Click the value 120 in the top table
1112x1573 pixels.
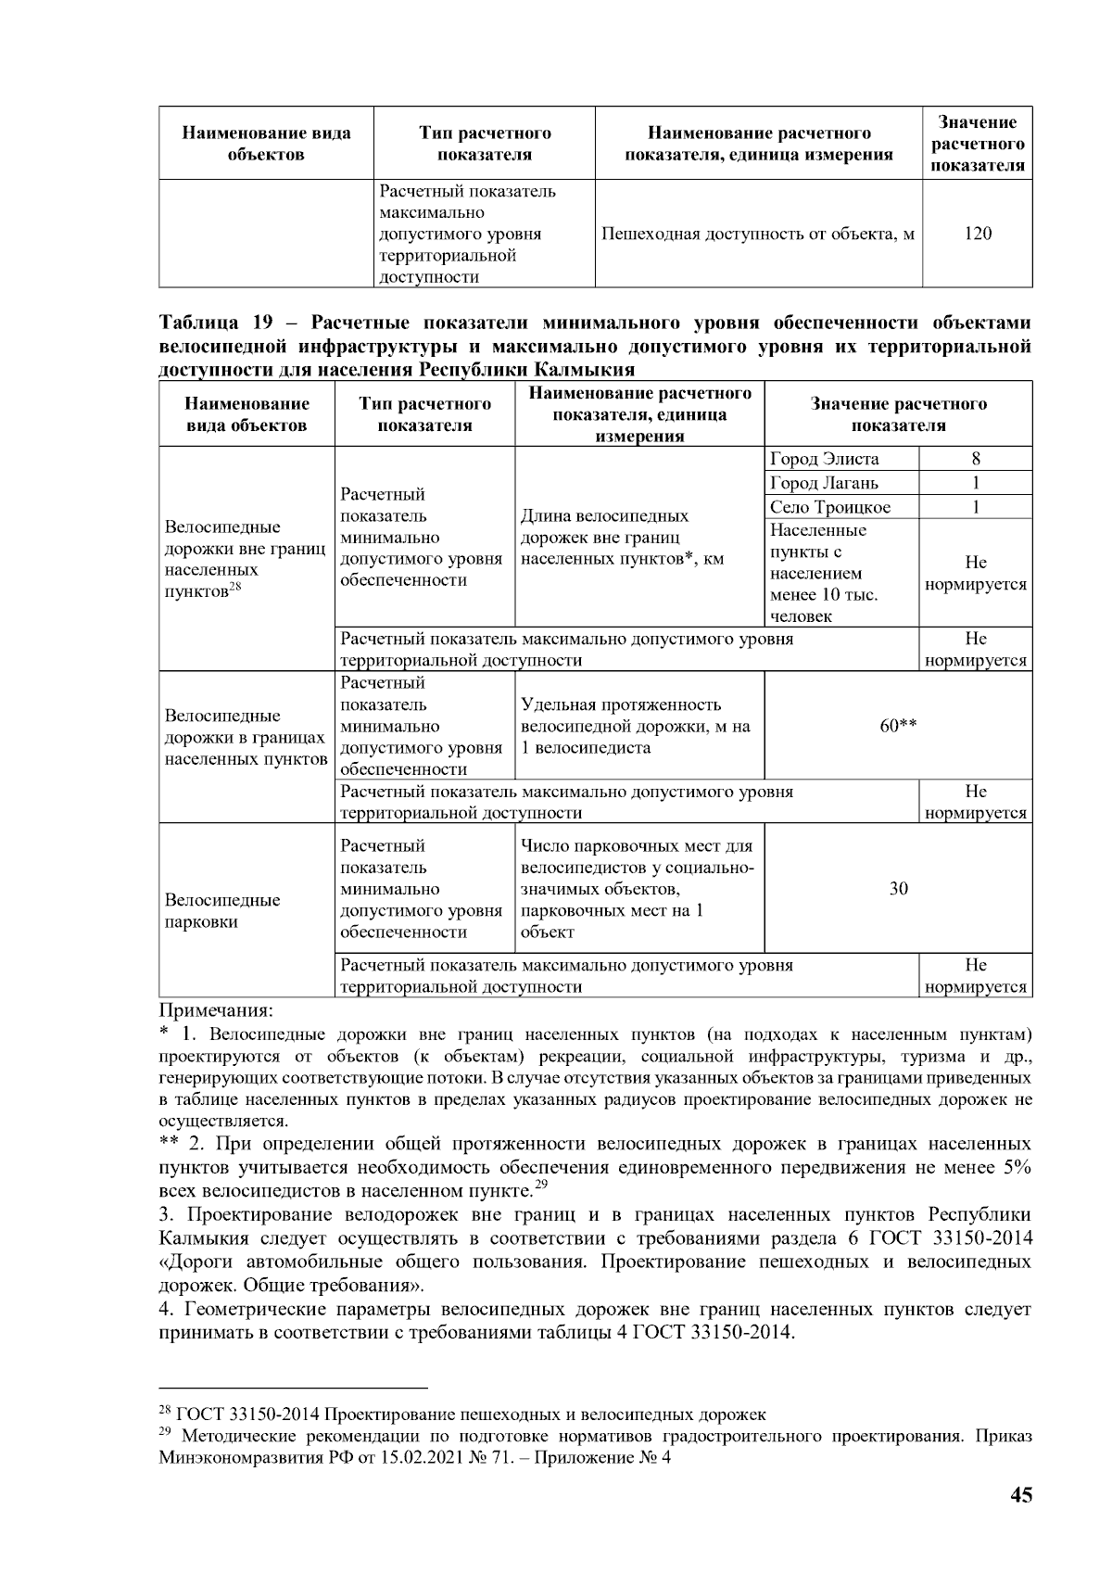[978, 234]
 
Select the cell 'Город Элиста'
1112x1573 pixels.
[825, 459]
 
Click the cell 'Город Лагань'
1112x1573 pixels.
[825, 483]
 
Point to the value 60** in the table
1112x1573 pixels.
[898, 726]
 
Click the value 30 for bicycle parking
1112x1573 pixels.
[898, 889]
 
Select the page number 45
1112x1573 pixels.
[1020, 1495]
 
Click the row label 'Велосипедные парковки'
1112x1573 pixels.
[222, 910]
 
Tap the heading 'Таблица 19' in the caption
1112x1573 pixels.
[213, 323]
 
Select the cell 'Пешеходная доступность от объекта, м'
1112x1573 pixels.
[758, 234]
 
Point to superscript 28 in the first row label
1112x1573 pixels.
[235, 587]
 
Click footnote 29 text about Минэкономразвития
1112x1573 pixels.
[593, 1447]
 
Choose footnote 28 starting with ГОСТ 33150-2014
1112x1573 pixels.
[463, 1414]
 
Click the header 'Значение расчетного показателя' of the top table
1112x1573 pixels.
[978, 145]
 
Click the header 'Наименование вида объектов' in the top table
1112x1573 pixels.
[266, 144]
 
